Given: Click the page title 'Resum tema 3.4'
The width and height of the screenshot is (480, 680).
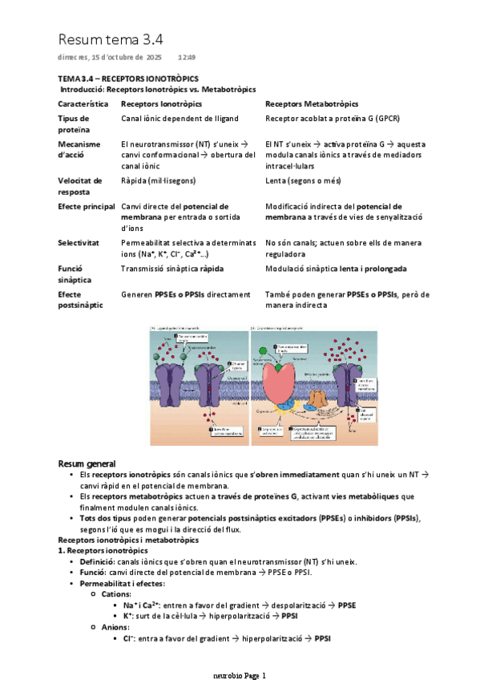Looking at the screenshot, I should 110,39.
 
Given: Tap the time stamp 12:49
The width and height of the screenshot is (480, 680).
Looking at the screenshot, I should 186,58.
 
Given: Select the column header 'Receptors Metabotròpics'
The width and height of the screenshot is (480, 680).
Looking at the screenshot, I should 312,103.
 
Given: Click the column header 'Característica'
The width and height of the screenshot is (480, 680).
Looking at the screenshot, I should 84,103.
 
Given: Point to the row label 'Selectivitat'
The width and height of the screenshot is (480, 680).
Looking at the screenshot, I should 79,241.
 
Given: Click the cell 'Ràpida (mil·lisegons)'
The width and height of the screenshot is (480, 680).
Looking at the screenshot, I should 158,181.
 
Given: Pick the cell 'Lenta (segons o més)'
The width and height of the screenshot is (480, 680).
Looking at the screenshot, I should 303,181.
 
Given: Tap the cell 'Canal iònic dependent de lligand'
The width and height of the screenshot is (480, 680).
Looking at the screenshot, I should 179,118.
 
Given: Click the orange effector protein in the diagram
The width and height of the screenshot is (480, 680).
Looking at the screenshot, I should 317,398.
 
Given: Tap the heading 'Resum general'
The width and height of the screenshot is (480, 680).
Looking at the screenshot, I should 87,464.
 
